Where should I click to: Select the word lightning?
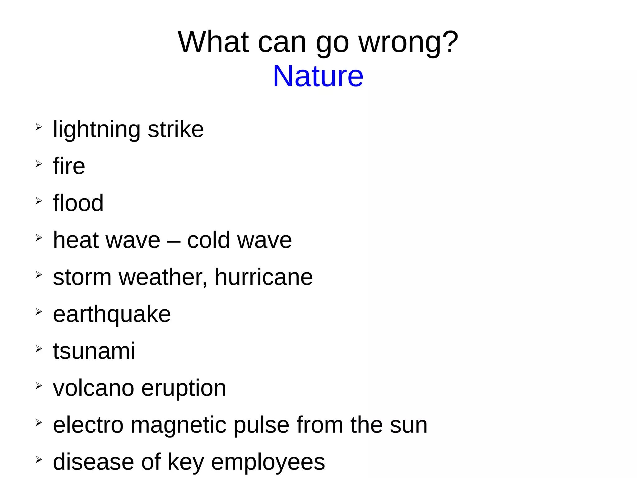click(96, 129)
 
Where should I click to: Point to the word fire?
click(69, 166)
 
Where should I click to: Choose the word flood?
click(78, 203)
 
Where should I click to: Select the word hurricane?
click(264, 277)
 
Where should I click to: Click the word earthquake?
click(112, 314)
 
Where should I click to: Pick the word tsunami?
click(94, 351)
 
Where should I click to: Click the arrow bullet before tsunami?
click(39, 349)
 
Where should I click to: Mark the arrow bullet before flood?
click(39, 201)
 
